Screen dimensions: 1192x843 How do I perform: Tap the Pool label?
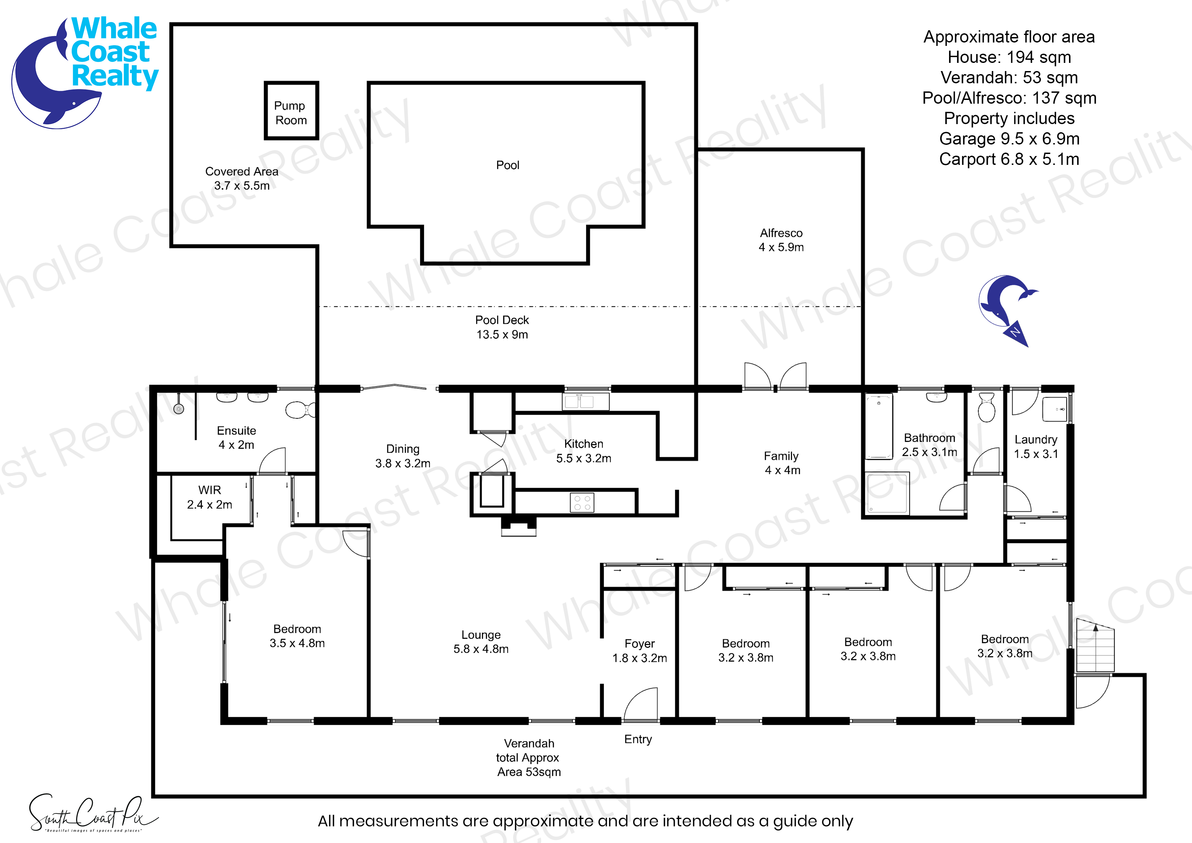click(507, 165)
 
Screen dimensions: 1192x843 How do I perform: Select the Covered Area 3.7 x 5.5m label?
click(242, 178)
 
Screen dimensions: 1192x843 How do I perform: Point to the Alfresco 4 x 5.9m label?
click(781, 240)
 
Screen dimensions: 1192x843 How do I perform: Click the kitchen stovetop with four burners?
click(582, 502)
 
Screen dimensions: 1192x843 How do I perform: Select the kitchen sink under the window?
click(585, 401)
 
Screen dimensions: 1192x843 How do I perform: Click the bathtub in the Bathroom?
click(878, 427)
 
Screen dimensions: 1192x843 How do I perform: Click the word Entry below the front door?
click(638, 739)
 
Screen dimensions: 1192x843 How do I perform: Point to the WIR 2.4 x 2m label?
click(210, 497)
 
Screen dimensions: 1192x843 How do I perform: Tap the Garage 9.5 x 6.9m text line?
click(1009, 139)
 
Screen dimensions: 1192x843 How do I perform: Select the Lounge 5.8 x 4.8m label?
click(481, 642)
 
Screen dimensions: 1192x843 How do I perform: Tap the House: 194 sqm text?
click(1009, 57)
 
